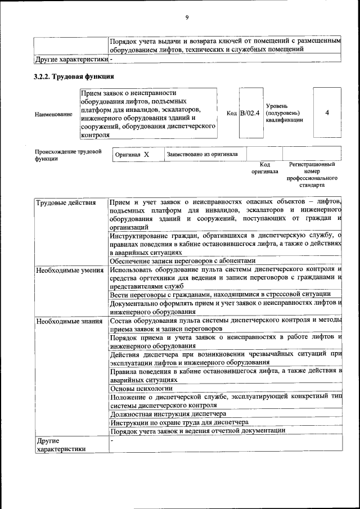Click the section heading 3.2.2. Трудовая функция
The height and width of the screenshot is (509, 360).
click(x=74, y=76)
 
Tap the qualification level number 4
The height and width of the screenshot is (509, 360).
click(x=327, y=112)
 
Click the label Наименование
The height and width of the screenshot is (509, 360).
click(x=53, y=115)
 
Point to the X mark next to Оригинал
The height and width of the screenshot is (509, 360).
click(x=146, y=154)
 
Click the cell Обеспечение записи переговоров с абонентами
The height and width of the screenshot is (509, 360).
click(x=183, y=260)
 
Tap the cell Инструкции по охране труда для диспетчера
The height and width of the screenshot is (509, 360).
click(x=179, y=422)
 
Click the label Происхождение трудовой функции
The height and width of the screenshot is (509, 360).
click(x=67, y=155)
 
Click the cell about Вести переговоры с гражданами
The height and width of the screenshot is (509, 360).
click(x=224, y=294)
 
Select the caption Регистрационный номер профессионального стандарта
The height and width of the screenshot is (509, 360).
click(x=312, y=174)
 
